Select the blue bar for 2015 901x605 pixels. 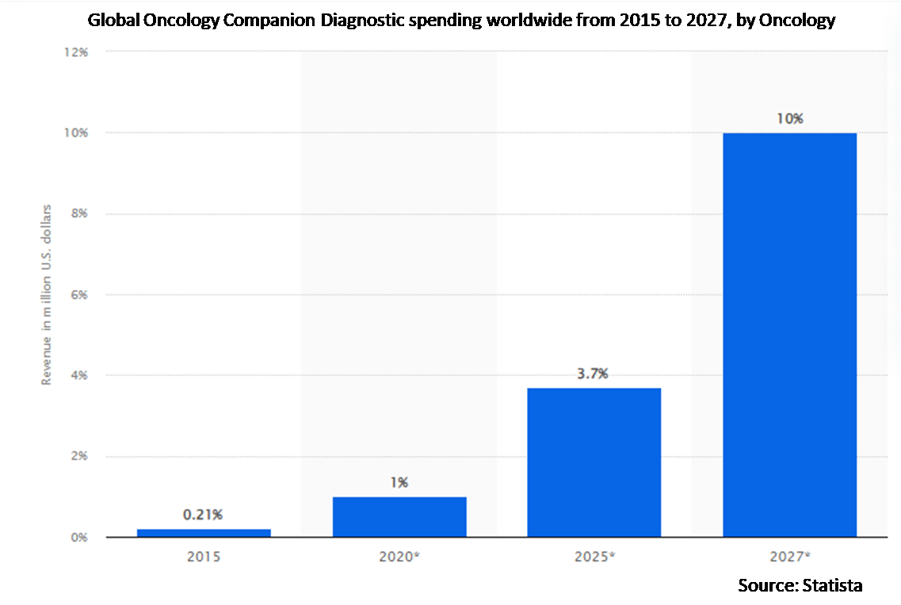point(204,533)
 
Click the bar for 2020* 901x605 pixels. point(399,517)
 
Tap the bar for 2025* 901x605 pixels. point(594,462)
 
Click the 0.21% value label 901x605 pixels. point(204,514)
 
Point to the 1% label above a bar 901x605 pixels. point(399,481)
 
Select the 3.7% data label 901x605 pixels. point(594,374)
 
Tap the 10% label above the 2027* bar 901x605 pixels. point(790,119)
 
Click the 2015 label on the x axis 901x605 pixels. point(204,557)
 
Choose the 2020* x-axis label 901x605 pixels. point(399,557)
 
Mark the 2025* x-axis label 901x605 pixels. point(594,557)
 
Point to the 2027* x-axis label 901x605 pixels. point(789,557)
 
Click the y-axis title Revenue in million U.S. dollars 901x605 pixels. point(47,295)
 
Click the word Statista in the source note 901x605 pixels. point(831,585)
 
